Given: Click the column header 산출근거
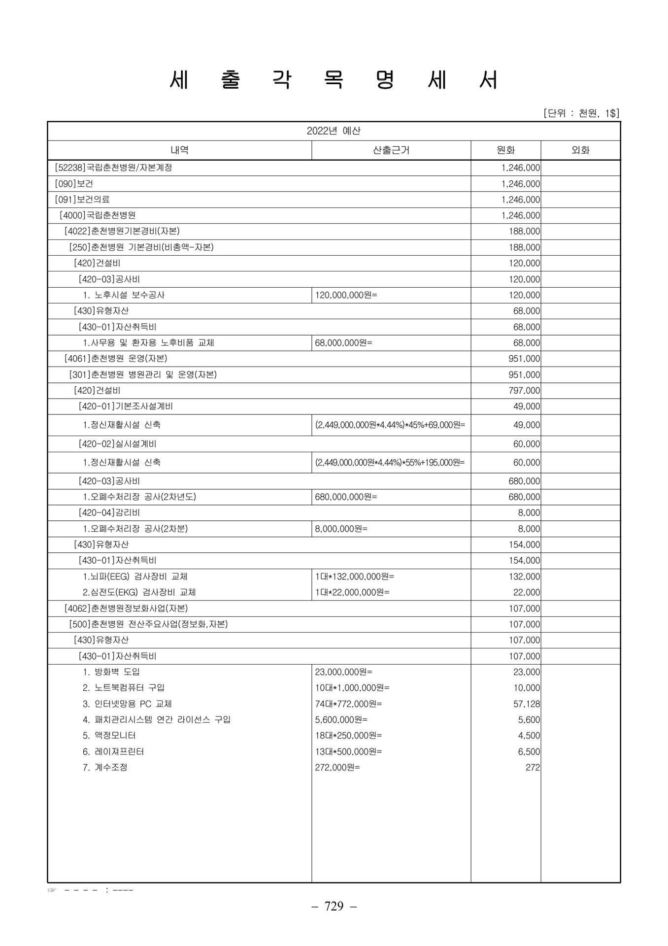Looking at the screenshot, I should (x=391, y=150).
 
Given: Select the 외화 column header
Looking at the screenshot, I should (x=580, y=150).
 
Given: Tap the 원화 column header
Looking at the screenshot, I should (x=505, y=150).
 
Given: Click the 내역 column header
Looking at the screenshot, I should (x=179, y=150).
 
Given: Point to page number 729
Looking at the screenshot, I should (x=334, y=906).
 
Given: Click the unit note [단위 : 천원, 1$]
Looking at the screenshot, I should (x=581, y=114).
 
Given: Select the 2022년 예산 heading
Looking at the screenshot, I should (x=334, y=131).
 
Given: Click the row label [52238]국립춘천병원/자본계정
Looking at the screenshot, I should (x=113, y=168).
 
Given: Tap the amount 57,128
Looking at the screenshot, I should (x=527, y=704).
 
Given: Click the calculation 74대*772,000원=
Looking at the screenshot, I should (x=348, y=704).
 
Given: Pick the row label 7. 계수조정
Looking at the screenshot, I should (x=105, y=768).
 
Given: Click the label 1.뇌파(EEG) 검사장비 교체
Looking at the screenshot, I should (x=135, y=576).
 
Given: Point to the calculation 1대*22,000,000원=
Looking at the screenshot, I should (x=352, y=592).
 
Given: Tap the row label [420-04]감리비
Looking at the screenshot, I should (x=109, y=513).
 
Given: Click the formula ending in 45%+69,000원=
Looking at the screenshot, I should (x=390, y=425).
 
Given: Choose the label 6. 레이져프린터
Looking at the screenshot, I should (x=113, y=752).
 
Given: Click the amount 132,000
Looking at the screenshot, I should (x=524, y=576).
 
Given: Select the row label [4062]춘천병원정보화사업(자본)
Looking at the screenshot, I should (x=126, y=608).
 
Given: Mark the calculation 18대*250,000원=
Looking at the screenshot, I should (x=348, y=736).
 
